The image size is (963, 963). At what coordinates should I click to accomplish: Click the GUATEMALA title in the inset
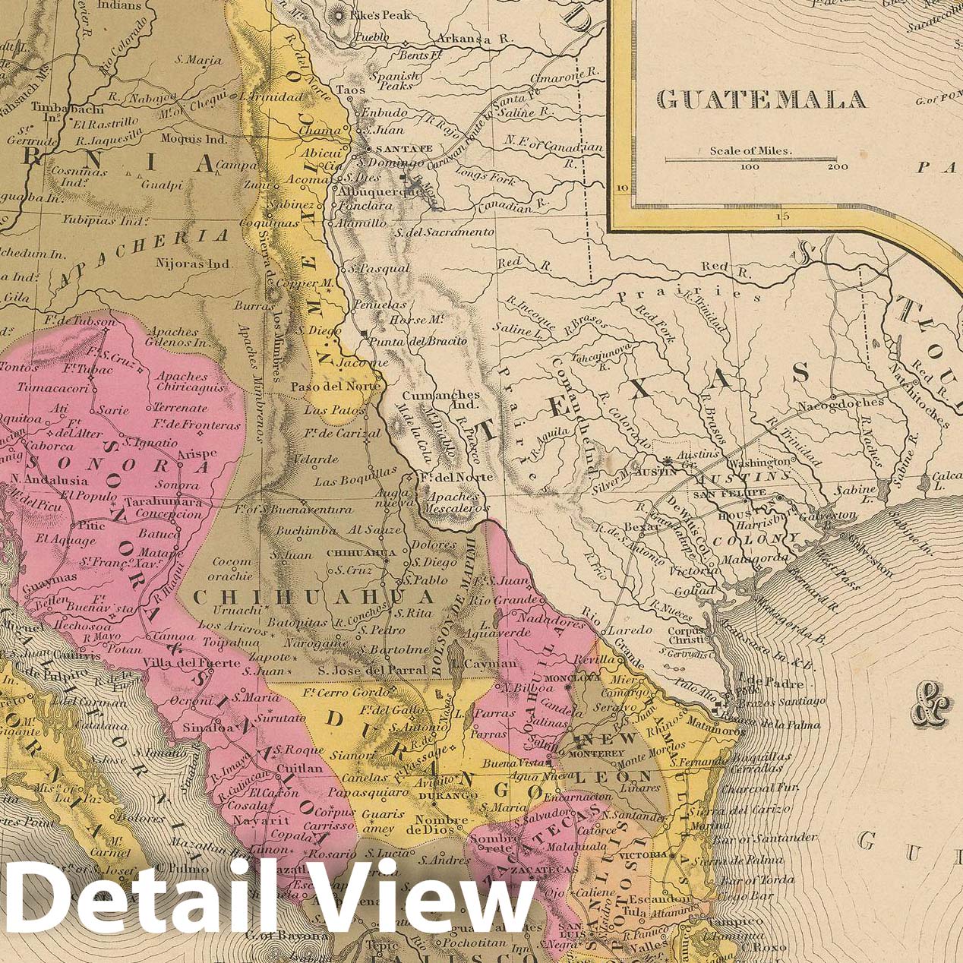[760, 99]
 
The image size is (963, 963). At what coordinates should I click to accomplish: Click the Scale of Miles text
[750, 150]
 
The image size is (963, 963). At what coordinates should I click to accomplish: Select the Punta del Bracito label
[417, 342]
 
